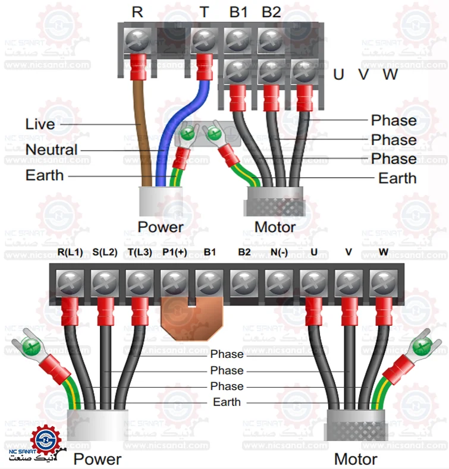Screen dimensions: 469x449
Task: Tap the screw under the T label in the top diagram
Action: coord(205,41)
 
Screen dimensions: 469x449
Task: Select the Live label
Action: coord(40,124)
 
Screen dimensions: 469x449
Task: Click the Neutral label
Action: coord(51,150)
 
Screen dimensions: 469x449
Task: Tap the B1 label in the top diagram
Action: coord(237,12)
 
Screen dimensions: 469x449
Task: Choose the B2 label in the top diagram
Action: coord(271,12)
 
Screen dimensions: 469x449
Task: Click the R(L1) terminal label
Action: coord(70,252)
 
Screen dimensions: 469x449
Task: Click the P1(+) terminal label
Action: coord(174,252)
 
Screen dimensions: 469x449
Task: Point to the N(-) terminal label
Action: coord(279,252)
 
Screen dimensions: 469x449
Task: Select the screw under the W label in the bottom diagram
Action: coord(384,280)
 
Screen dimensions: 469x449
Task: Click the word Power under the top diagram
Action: coord(161,227)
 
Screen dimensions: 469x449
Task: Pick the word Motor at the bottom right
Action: coord(355,459)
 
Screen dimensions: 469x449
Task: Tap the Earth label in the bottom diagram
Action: coord(227,402)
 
